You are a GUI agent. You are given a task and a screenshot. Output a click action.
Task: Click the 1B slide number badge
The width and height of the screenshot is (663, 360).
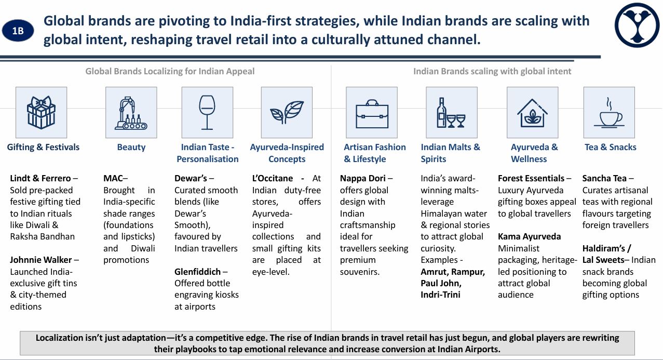click(x=18, y=31)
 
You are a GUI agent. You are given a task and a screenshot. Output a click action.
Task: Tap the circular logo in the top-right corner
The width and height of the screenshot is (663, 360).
click(x=637, y=25)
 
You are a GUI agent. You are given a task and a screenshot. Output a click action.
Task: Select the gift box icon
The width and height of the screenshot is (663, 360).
click(x=41, y=112)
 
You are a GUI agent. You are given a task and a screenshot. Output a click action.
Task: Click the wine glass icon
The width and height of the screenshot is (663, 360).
click(x=207, y=112)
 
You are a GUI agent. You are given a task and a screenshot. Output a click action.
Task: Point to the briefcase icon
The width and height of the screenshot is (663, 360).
click(x=372, y=114)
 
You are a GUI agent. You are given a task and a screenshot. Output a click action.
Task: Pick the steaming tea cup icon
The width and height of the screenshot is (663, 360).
click(x=609, y=113)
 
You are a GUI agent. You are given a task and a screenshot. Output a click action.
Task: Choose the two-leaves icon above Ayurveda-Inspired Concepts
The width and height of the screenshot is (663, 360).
click(x=287, y=112)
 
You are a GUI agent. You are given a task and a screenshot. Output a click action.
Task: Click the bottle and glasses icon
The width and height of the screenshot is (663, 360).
click(x=451, y=113)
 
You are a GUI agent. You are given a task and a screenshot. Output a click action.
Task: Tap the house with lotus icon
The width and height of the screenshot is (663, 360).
click(x=532, y=113)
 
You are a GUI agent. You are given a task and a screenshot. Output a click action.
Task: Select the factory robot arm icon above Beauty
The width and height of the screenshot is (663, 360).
click(x=131, y=113)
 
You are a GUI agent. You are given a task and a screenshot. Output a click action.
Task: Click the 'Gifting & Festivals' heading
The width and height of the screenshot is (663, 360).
click(x=43, y=147)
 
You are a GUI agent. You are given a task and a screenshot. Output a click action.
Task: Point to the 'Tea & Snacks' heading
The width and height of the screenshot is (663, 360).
click(x=611, y=147)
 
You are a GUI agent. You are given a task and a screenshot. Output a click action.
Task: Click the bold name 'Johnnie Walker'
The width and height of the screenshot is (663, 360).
click(x=41, y=260)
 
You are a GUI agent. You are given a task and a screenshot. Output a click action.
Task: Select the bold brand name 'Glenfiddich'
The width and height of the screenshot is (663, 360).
click(x=197, y=272)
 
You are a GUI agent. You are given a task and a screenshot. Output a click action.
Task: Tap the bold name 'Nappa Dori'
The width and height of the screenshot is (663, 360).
click(x=362, y=178)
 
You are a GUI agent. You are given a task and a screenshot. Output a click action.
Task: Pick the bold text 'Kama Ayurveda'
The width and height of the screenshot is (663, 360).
click(x=529, y=236)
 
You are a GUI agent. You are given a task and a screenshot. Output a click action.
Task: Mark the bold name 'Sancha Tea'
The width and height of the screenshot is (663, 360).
click(x=604, y=178)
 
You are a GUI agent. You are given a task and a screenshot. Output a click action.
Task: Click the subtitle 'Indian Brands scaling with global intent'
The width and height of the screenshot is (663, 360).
click(x=492, y=71)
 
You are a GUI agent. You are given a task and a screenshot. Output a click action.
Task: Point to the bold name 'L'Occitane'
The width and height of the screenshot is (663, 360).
click(x=272, y=178)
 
